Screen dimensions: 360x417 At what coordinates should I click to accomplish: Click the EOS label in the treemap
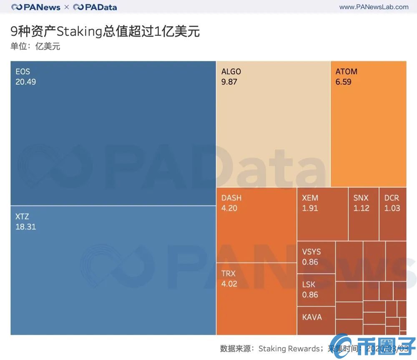click(23, 71)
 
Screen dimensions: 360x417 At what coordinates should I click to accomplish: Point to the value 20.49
click(26, 82)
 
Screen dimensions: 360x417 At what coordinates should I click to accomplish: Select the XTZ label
click(23, 217)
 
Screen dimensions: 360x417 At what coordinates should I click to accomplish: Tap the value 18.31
click(26, 227)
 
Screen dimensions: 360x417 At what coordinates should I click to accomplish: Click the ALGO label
click(231, 71)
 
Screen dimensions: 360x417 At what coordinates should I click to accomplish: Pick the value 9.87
click(229, 82)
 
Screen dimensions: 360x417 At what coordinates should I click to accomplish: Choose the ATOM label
click(346, 71)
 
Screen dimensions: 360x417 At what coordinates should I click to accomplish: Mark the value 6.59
click(343, 82)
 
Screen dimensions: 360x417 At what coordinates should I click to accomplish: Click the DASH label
click(231, 198)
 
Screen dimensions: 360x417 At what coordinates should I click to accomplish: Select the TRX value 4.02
click(229, 284)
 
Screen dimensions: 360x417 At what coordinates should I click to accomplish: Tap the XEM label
click(310, 198)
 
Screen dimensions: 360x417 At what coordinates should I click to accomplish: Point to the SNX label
click(361, 198)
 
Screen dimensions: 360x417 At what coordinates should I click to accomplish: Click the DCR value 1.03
click(392, 208)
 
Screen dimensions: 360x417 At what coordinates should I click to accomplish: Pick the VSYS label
click(311, 252)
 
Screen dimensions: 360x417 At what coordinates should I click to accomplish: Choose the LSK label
click(309, 284)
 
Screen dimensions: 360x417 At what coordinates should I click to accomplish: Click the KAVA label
click(312, 317)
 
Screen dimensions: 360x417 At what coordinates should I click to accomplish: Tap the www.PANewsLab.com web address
click(374, 7)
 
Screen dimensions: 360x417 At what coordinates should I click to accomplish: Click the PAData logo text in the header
click(100, 7)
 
